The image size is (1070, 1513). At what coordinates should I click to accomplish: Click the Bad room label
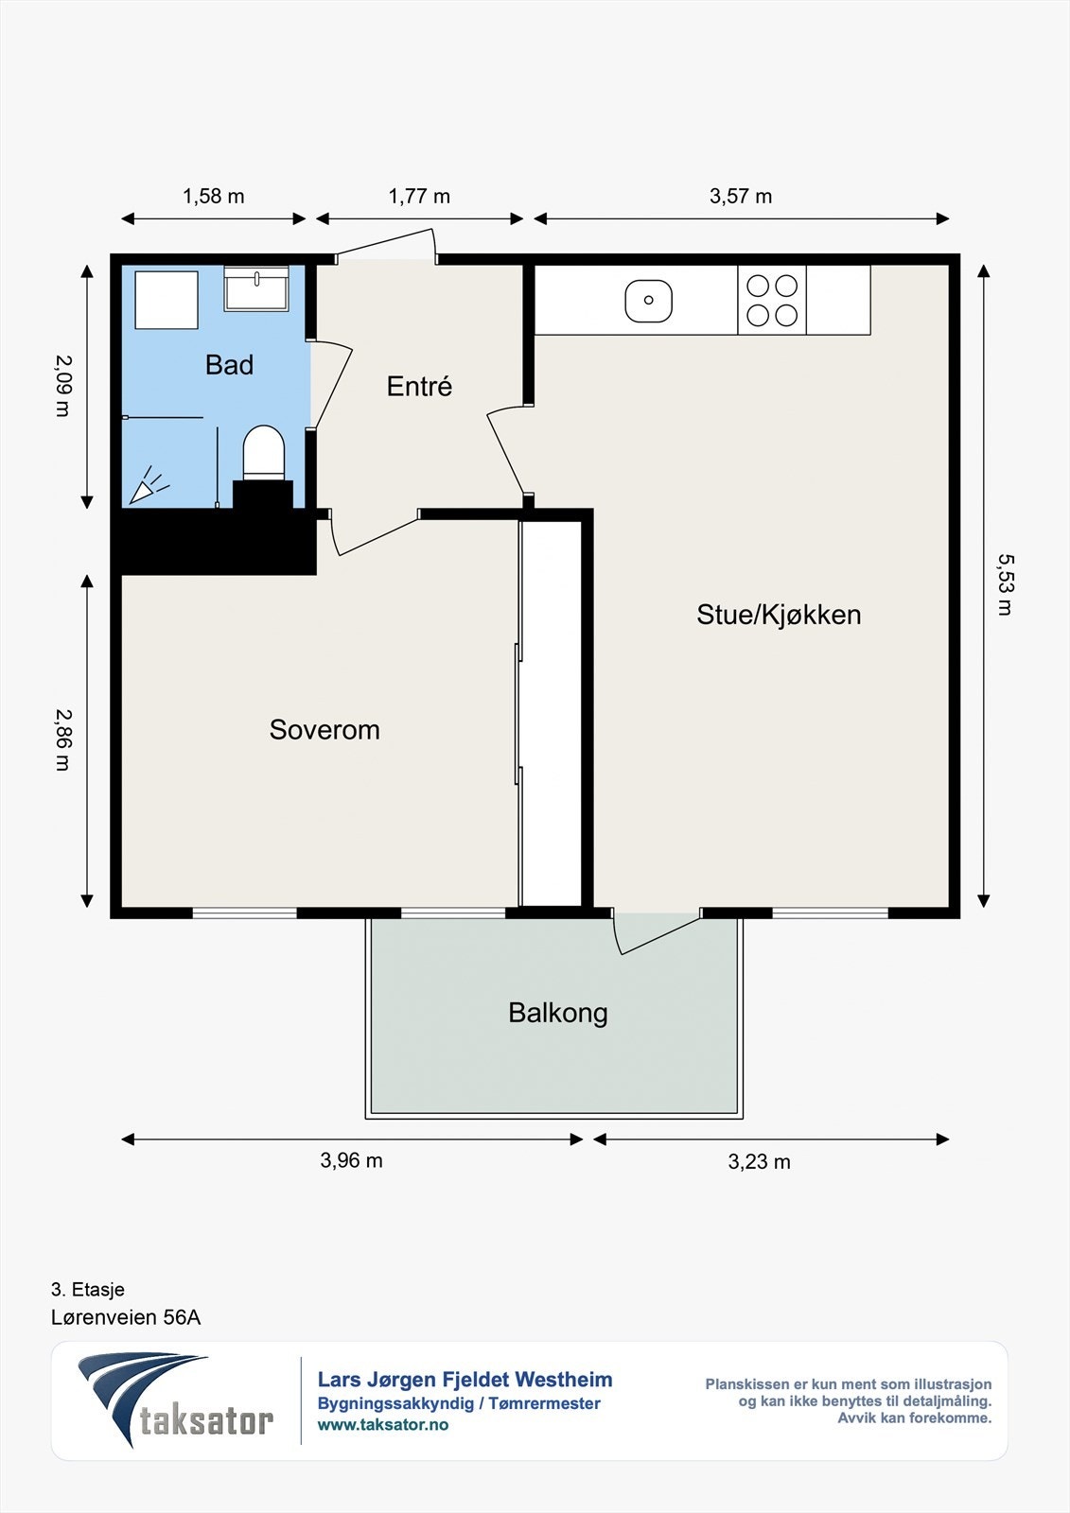click(x=229, y=365)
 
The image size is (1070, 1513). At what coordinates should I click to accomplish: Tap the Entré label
click(x=419, y=387)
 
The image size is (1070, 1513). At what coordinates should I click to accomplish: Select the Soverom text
click(x=325, y=729)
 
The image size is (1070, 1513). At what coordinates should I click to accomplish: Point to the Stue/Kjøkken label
click(x=779, y=615)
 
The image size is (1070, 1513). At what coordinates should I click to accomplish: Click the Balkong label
click(x=557, y=1013)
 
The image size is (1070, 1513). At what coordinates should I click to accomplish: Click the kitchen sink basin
click(x=648, y=301)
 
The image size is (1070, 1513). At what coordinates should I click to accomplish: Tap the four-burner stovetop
click(x=772, y=300)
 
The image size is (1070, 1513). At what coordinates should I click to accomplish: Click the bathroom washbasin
click(x=256, y=288)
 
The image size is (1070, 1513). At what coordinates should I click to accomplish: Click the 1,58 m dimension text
click(x=213, y=197)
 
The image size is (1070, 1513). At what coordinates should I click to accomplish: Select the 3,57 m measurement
click(x=741, y=197)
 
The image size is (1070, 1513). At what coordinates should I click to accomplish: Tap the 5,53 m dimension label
click(x=1006, y=585)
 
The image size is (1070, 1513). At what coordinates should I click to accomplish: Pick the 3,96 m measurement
click(x=352, y=1160)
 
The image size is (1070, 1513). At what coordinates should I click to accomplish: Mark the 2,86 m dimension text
click(x=62, y=739)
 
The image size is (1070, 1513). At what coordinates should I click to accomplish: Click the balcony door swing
click(x=655, y=932)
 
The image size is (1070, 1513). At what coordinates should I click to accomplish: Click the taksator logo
click(x=176, y=1400)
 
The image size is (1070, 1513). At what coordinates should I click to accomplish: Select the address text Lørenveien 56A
click(x=126, y=1317)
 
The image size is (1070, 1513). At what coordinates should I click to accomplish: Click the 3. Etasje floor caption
click(x=88, y=1290)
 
